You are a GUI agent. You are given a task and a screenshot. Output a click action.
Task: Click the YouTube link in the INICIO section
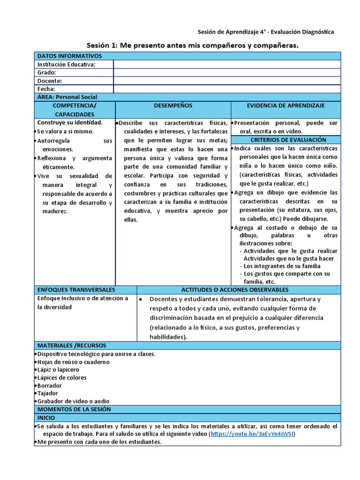tap(253, 434)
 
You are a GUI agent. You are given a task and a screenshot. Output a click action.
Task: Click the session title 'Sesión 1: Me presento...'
tap(193, 45)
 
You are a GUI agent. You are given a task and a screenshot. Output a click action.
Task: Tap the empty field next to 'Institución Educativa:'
tap(227, 64)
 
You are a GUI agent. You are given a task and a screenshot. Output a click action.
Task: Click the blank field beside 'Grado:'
tap(227, 73)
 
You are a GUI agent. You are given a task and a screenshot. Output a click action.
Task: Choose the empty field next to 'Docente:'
tap(227, 81)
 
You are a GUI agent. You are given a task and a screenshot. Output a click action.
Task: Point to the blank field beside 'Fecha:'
tap(227, 89)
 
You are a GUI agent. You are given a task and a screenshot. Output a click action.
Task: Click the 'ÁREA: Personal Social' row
tap(67, 97)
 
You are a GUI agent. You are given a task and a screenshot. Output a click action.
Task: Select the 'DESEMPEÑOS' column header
tap(173, 106)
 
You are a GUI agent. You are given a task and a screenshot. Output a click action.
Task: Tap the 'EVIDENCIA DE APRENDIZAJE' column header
tap(286, 106)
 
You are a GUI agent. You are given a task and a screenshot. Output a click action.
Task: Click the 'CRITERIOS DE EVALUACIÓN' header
tap(285, 140)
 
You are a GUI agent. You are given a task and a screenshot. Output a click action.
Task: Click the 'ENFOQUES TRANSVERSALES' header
tap(76, 290)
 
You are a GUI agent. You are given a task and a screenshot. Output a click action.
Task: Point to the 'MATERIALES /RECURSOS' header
tap(72, 345)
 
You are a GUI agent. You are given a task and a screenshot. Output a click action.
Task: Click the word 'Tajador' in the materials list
tap(49, 393)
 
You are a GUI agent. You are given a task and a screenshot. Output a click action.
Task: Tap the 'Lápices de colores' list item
tap(62, 377)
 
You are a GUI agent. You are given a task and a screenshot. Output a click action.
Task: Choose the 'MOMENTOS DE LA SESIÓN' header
tap(74, 409)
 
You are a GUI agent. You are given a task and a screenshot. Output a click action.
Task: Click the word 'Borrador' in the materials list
tap(50, 385)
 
